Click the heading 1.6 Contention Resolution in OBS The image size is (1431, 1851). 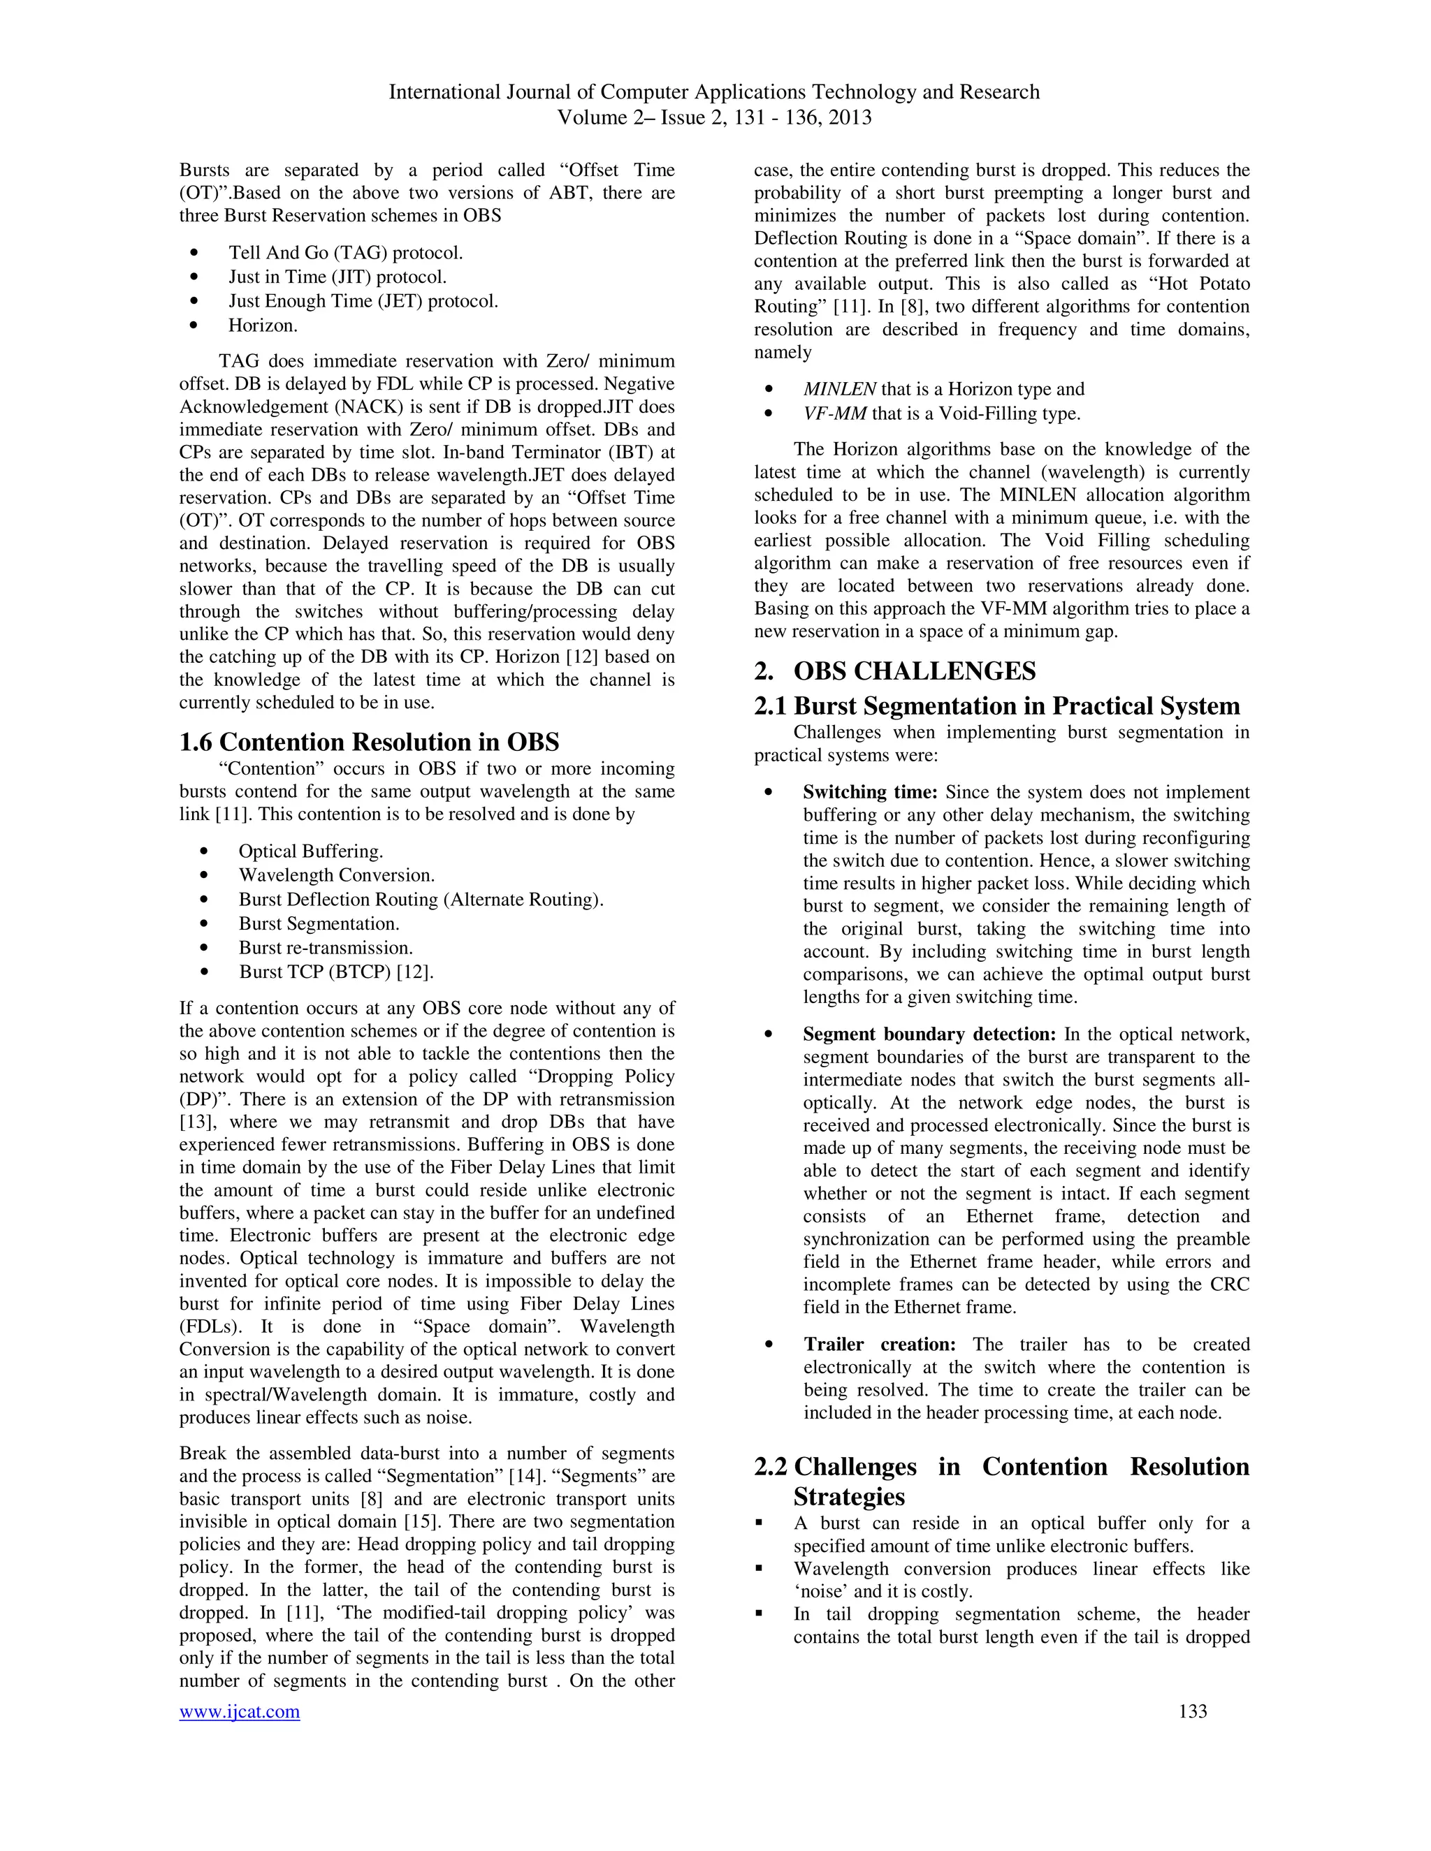click(x=369, y=742)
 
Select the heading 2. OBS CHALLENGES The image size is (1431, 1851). click(x=894, y=671)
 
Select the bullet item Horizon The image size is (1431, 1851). click(x=263, y=325)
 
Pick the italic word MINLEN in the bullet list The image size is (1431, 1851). click(x=839, y=389)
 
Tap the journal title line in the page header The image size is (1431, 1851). click(x=714, y=92)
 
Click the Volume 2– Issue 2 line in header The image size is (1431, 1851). click(x=714, y=117)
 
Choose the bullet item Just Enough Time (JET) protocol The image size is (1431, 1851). click(x=363, y=301)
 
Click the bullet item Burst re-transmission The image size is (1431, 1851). click(x=326, y=948)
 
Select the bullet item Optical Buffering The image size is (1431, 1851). click(x=310, y=851)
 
